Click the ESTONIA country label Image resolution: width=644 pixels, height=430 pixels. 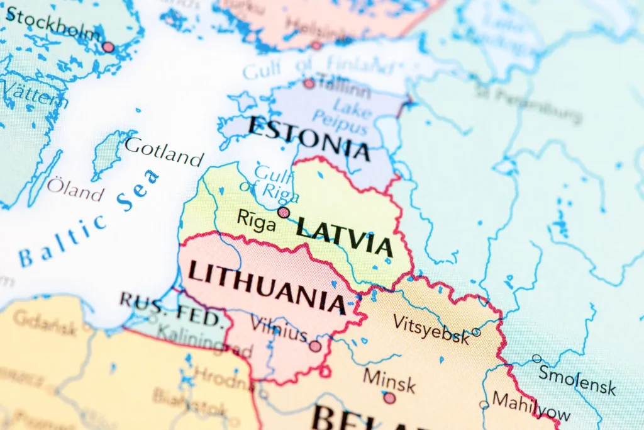click(308, 137)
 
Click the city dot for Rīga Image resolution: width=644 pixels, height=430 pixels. click(284, 212)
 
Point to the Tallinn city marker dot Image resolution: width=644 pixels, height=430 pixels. click(309, 83)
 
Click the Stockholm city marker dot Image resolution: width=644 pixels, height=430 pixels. click(108, 47)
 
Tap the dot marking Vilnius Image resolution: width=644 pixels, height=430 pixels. click(315, 346)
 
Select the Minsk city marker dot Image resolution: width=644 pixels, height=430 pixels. click(389, 398)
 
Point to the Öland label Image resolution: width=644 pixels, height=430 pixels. click(75, 189)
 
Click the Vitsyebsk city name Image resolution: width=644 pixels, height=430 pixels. click(431, 329)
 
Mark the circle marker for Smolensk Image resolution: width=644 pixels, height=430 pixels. click(536, 359)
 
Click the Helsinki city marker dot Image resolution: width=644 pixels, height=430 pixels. click(316, 45)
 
